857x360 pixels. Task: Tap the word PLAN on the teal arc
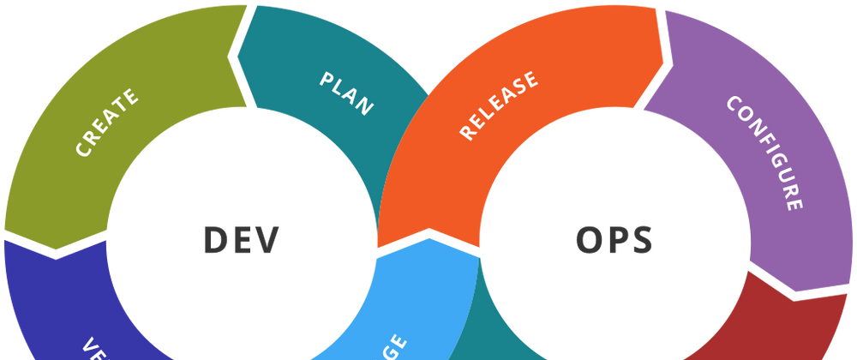click(346, 93)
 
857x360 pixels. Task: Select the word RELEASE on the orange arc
click(499, 105)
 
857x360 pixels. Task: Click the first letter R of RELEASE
click(467, 133)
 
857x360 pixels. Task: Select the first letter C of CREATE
click(83, 150)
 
